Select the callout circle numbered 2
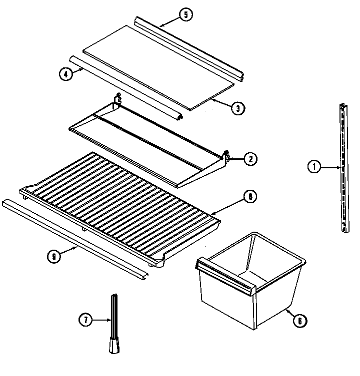pyautogui.click(x=250, y=159)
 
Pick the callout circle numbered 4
pyautogui.click(x=65, y=73)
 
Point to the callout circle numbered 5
pyautogui.click(x=185, y=14)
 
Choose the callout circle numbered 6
pyautogui.click(x=299, y=321)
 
